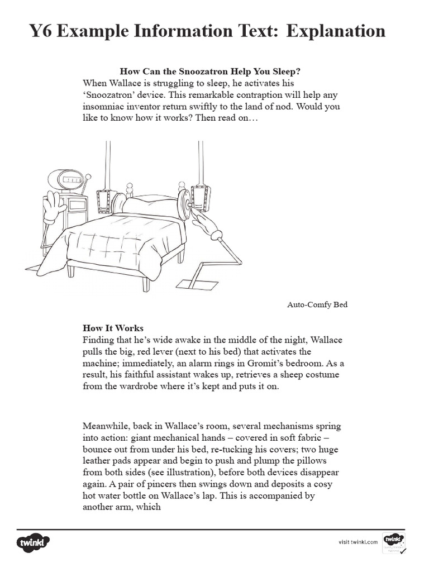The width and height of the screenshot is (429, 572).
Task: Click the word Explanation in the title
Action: point(336,31)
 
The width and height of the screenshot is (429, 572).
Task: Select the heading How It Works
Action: point(113,328)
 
